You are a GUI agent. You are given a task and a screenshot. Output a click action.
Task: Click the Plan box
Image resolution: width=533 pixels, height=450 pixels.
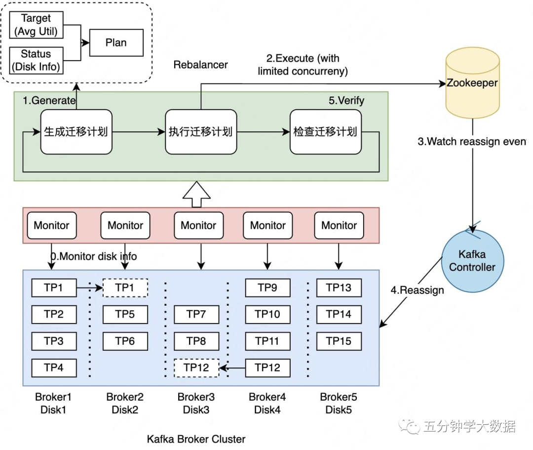pos(116,42)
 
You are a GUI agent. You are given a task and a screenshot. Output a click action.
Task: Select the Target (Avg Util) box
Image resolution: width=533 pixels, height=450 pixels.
pos(36,25)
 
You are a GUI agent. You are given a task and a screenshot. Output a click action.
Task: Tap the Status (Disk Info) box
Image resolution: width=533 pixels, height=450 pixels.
pos(36,60)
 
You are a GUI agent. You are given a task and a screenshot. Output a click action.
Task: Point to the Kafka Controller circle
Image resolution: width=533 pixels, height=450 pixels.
pos(472,261)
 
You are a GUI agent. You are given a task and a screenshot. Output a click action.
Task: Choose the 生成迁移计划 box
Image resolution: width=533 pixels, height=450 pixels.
pos(76,132)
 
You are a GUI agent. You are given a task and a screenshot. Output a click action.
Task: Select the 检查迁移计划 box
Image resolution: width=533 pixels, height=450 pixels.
pos(325,132)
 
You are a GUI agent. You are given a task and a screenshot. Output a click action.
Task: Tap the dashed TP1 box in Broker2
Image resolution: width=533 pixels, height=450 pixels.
pos(125,287)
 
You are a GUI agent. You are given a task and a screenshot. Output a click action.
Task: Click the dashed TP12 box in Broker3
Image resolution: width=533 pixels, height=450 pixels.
pos(196,368)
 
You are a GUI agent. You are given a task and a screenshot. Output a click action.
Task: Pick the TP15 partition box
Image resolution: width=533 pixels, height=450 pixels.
pos(339,341)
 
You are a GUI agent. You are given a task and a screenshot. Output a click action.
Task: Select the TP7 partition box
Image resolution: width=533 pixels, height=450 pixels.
pos(196,314)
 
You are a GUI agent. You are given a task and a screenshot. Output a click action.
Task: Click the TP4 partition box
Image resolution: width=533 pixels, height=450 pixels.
pos(54,368)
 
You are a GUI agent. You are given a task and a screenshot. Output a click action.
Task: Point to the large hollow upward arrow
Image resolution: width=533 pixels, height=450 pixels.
pos(196,195)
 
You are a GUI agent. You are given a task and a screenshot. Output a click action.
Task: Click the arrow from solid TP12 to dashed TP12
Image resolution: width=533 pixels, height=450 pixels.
pos(232,368)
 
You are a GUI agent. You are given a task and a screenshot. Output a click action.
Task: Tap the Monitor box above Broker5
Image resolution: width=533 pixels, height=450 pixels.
pos(339,225)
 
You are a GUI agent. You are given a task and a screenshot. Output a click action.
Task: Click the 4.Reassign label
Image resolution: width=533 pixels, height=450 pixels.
pos(417,290)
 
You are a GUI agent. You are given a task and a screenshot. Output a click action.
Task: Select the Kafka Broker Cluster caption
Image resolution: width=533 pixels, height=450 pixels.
pos(196,439)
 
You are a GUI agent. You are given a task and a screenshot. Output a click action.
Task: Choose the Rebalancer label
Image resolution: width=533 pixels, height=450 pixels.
pos(201,65)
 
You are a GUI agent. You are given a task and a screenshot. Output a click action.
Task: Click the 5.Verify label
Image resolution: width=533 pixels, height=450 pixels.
pos(346,101)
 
